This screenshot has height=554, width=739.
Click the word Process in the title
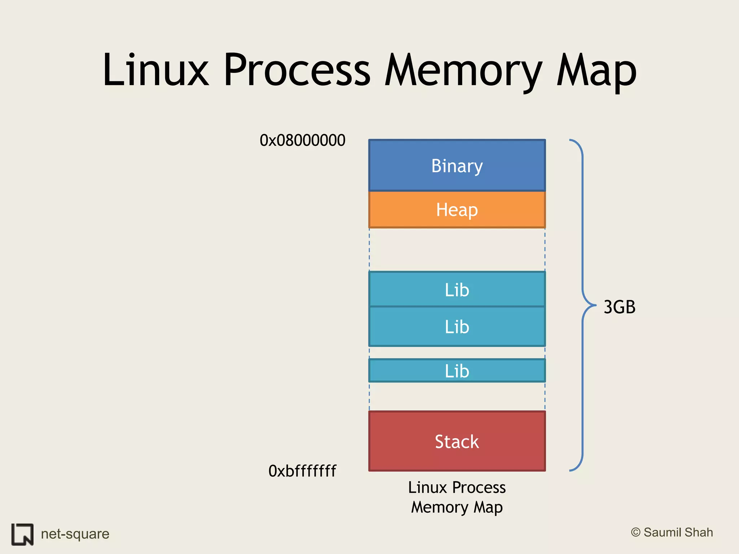(x=297, y=70)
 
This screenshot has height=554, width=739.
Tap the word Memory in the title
(x=463, y=70)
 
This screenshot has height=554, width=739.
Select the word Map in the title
(x=596, y=70)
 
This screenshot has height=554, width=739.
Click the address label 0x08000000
(x=302, y=140)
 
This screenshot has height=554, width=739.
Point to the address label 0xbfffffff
(x=302, y=471)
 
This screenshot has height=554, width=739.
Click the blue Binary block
(x=457, y=166)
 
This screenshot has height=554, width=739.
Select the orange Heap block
(x=457, y=210)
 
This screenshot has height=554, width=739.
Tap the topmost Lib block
(x=457, y=290)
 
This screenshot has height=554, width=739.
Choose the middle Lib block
(x=457, y=327)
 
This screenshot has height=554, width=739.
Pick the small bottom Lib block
(x=457, y=371)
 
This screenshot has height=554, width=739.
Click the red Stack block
(x=457, y=441)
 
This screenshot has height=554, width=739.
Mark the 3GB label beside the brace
(x=619, y=307)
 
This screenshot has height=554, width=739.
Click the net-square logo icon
(x=22, y=534)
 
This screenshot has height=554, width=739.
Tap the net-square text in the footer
(x=75, y=534)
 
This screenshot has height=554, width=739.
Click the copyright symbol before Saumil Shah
(x=635, y=532)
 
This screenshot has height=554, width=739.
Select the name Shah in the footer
(x=699, y=532)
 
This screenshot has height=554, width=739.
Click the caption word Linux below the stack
(x=427, y=488)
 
